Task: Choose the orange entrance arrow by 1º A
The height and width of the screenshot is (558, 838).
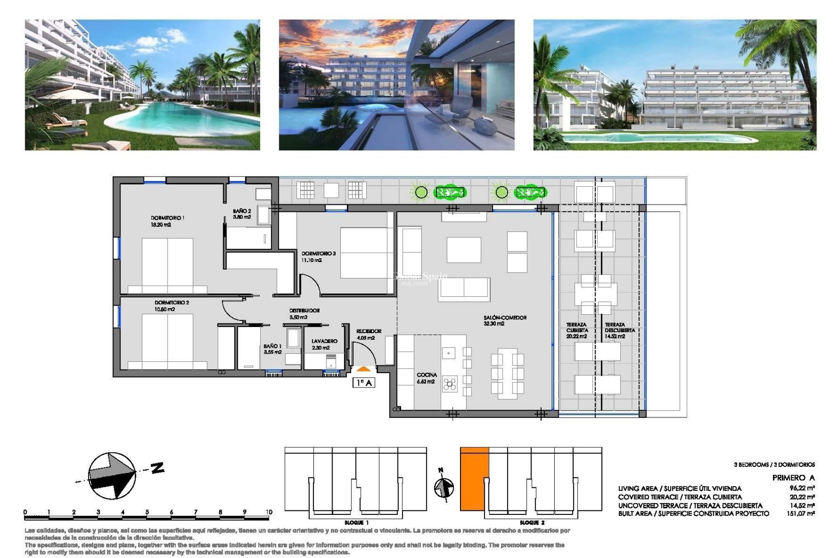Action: [363, 369]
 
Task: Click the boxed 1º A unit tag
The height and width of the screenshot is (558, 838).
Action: [364, 383]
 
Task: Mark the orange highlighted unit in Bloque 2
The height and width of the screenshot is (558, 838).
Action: [474, 479]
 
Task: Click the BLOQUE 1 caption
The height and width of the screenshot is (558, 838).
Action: [356, 522]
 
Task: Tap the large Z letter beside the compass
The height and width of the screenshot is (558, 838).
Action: [158, 468]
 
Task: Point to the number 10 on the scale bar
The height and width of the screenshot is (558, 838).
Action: [268, 512]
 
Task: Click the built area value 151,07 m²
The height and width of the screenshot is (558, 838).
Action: [800, 514]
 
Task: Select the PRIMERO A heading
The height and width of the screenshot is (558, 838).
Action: [793, 478]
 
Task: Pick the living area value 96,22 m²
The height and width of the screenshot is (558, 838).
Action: [802, 488]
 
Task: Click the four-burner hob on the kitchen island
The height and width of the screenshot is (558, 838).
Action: [450, 384]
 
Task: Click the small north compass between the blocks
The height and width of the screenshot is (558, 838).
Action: [444, 487]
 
